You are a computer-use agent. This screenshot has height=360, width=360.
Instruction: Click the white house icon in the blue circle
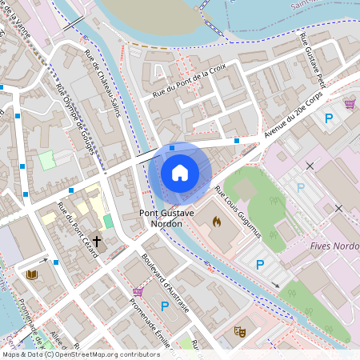[x=180, y=172]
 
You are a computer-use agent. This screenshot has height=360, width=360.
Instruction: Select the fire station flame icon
[x=216, y=221]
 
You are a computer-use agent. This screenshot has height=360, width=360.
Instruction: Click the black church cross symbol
[x=98, y=240]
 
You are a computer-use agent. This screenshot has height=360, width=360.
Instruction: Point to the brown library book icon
[x=33, y=274]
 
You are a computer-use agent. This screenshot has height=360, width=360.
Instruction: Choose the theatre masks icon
[x=238, y=330]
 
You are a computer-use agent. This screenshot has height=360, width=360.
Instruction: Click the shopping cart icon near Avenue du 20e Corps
[x=350, y=104]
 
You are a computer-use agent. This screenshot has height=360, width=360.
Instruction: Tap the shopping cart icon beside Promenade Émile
[x=138, y=292]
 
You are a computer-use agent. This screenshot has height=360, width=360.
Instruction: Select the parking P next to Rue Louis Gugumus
[x=259, y=264]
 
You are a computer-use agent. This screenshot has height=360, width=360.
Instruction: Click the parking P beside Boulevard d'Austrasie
[x=165, y=306]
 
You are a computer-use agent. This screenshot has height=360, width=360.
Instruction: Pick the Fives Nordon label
[x=333, y=246]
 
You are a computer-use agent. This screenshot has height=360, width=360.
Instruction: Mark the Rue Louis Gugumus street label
[x=238, y=212]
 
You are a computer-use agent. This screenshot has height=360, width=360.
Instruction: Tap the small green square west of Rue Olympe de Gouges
[x=48, y=159]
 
